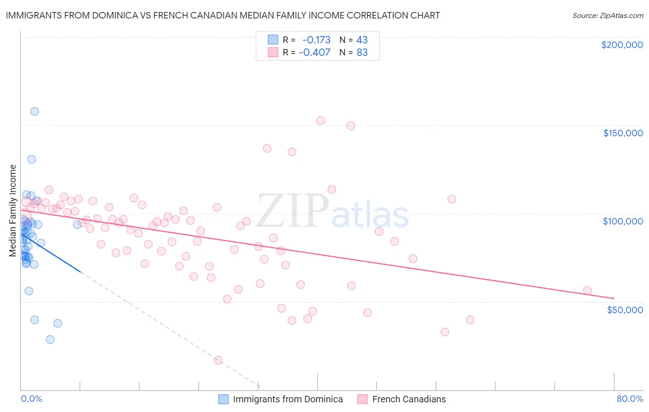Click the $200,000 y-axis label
(x=622, y=45)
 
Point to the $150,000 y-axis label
(x=623, y=133)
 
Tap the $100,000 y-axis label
(x=623, y=221)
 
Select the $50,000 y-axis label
(x=625, y=309)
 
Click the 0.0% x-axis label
(x=31, y=399)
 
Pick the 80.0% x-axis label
(x=630, y=399)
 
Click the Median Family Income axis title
(x=13, y=211)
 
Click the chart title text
(x=222, y=15)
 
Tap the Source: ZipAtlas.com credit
(x=607, y=16)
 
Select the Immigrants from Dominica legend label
(x=288, y=399)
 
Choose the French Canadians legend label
(x=409, y=399)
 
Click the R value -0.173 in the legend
(x=316, y=40)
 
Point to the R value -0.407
(x=314, y=52)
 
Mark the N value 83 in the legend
(x=362, y=52)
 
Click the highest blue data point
(x=34, y=111)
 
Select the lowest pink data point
(x=218, y=360)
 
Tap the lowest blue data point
(x=50, y=339)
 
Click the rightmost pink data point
(x=587, y=291)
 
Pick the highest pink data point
(x=321, y=121)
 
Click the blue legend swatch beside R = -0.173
(x=273, y=40)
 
